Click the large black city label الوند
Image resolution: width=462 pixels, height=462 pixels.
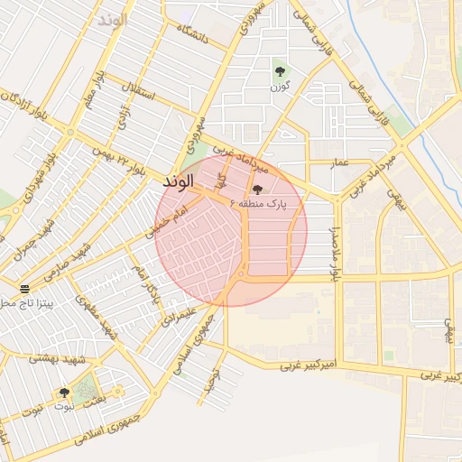click(179, 182)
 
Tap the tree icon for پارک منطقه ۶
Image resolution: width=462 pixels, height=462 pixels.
click(259, 189)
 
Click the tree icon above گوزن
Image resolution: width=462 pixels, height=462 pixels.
click(280, 70)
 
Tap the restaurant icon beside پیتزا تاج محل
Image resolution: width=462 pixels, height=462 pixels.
click(24, 289)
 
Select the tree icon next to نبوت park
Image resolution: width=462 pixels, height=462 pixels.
click(63, 393)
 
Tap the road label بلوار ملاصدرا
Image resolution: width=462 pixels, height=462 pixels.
click(334, 253)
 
